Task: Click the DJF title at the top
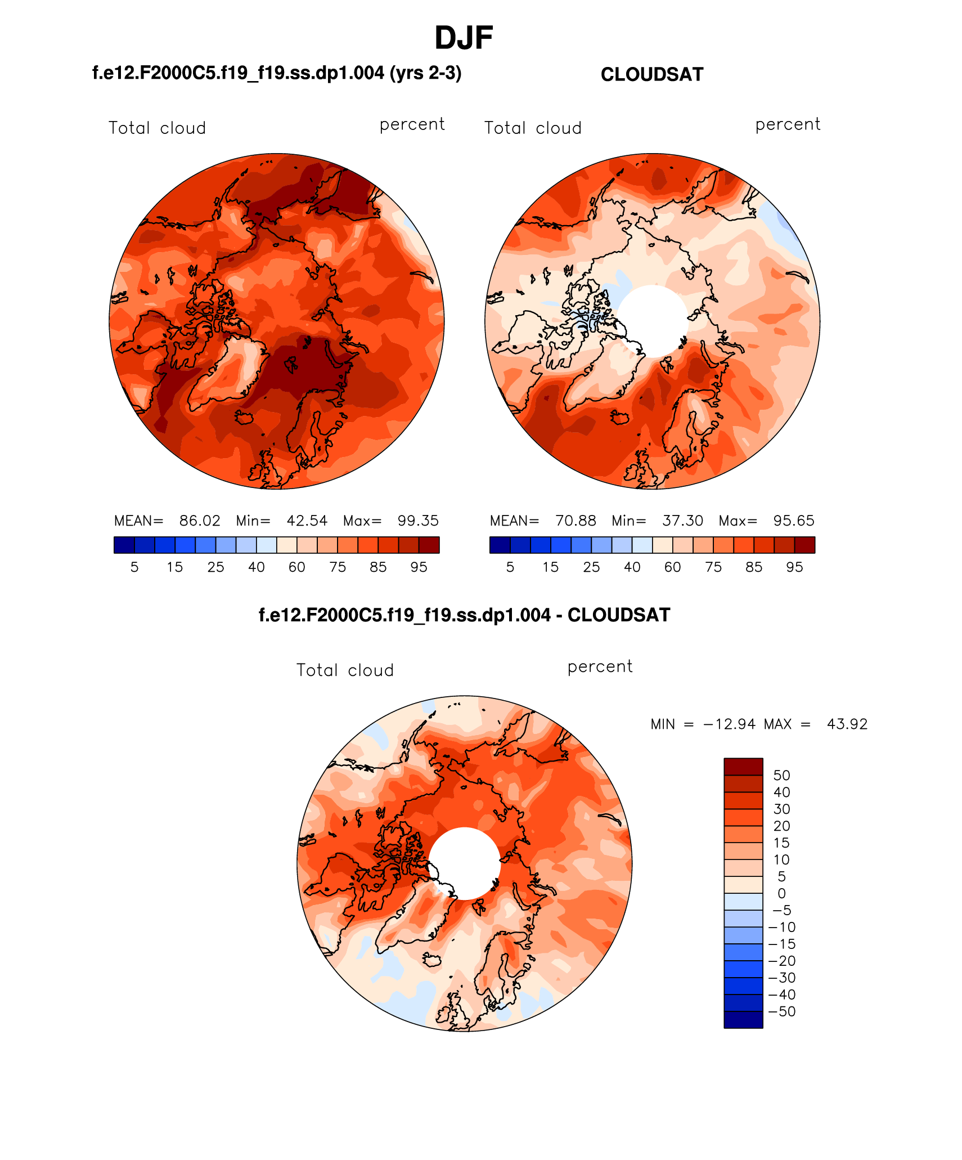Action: click(x=464, y=38)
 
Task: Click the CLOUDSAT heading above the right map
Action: click(x=651, y=74)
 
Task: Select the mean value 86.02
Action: click(x=200, y=521)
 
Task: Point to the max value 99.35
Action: click(x=417, y=521)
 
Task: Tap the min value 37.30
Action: click(x=682, y=521)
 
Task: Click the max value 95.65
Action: click(x=793, y=521)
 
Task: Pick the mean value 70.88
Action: click(x=576, y=521)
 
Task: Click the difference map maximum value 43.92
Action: click(x=847, y=724)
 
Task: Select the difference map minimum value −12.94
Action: click(x=729, y=724)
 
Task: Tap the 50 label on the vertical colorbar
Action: click(x=781, y=775)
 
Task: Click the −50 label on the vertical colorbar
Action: click(x=781, y=1011)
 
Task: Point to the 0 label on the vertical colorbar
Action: click(x=781, y=893)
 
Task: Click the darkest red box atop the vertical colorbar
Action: click(x=743, y=767)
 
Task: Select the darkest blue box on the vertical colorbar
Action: click(x=743, y=1019)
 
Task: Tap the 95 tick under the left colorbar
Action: click(x=419, y=567)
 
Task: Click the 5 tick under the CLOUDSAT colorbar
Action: click(x=510, y=567)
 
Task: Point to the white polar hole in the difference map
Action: click(x=465, y=863)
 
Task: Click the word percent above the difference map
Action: click(x=600, y=666)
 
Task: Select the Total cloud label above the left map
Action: click(x=157, y=128)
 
